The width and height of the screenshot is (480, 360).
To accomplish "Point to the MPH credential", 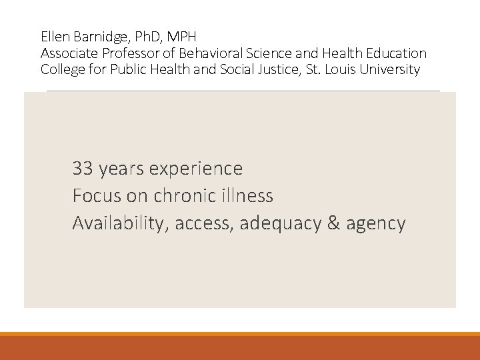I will click(183, 35).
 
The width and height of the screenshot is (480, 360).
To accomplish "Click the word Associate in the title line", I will click(68, 53).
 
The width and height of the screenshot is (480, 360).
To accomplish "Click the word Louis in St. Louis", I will click(339, 69).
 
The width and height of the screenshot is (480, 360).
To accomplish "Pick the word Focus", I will click(95, 196).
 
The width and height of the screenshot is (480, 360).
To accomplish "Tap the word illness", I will click(249, 196).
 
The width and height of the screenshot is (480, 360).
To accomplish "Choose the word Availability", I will click(121, 224).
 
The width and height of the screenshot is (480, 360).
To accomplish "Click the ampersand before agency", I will click(334, 223).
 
